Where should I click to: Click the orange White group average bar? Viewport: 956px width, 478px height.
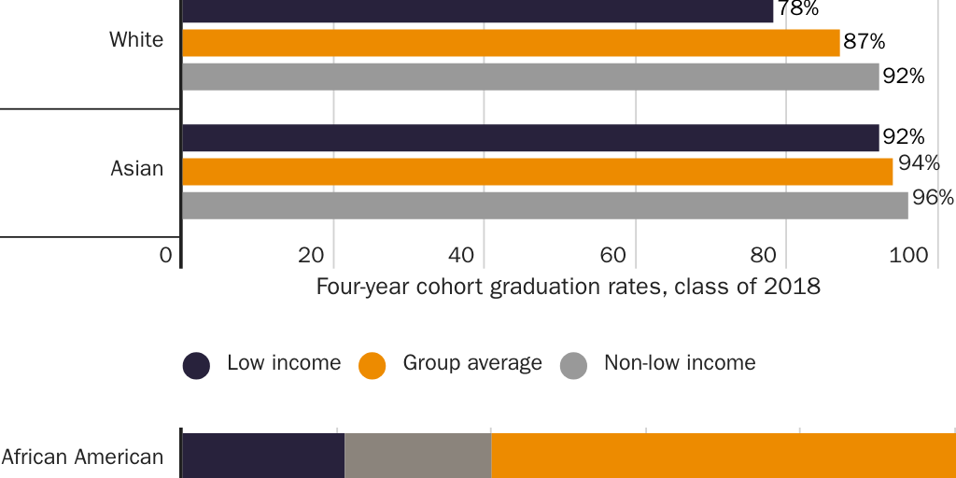coord(511,43)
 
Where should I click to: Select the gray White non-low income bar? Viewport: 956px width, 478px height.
coord(530,77)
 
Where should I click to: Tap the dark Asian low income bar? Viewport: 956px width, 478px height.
coord(530,138)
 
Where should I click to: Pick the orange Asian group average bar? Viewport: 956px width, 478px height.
coord(537,172)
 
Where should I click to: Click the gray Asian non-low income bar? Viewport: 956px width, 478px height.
coord(544,205)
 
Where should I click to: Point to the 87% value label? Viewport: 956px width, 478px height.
coord(865,42)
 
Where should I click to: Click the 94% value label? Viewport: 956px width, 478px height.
coord(919,163)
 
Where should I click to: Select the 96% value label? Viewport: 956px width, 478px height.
coord(933,198)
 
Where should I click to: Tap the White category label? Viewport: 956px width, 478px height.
coord(136,40)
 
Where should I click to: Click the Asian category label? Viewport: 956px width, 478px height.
coord(137,169)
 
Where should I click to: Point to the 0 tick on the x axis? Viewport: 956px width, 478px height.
coord(166,255)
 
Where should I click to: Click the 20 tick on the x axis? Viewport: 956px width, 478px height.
coord(311,255)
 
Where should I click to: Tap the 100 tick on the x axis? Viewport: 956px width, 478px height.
coord(915,255)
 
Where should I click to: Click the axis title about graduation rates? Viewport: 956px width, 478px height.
coord(568,287)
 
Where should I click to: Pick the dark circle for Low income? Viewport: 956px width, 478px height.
coord(196,366)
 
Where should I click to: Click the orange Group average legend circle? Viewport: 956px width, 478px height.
coord(372,366)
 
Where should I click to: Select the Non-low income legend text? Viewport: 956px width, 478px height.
coord(680,363)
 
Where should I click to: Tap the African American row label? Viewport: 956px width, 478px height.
coord(82,457)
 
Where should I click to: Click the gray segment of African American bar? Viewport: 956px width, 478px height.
coord(418,456)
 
